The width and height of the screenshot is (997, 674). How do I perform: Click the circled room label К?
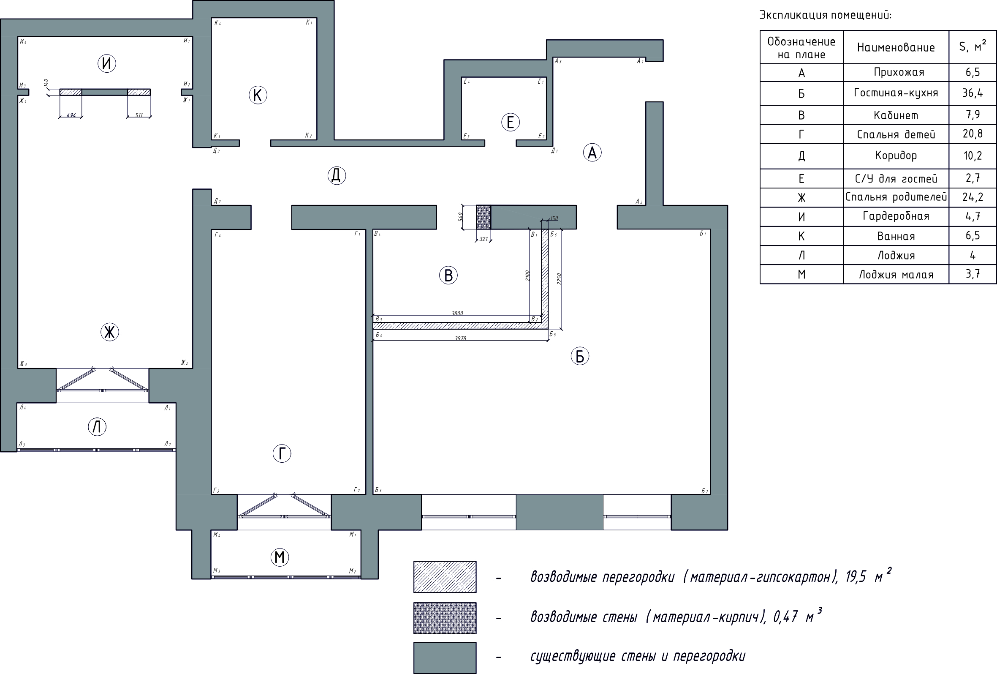tap(258, 95)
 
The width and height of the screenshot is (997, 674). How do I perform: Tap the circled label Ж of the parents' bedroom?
tap(109, 332)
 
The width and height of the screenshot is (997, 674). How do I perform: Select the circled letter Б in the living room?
tap(580, 356)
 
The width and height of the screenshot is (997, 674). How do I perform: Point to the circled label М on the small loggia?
tap(280, 557)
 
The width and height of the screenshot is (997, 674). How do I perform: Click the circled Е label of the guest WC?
tap(510, 123)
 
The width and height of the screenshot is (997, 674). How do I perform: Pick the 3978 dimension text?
tap(460, 338)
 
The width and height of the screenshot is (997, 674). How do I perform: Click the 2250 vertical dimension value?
tap(559, 278)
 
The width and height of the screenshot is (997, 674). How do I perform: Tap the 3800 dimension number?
tap(457, 314)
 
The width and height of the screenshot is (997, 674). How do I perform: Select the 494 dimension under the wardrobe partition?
tap(71, 115)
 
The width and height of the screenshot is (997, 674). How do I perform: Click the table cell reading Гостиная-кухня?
tap(896, 93)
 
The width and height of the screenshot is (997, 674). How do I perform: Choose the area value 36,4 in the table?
tap(973, 93)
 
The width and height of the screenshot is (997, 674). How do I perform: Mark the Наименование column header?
tap(896, 47)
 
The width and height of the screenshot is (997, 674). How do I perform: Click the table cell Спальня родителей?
tap(896, 197)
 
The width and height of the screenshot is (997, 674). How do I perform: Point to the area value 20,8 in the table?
tap(973, 134)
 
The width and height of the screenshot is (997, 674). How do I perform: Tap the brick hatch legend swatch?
tap(445, 618)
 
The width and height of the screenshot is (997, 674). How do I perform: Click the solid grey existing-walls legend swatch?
tap(445, 658)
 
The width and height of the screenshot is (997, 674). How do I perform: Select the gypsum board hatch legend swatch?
tap(445, 577)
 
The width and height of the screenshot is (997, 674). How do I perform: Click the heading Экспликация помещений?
tap(826, 15)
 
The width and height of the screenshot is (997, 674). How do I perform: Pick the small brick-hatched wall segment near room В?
tap(484, 217)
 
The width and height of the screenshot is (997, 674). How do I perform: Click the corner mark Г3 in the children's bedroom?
tap(217, 490)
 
